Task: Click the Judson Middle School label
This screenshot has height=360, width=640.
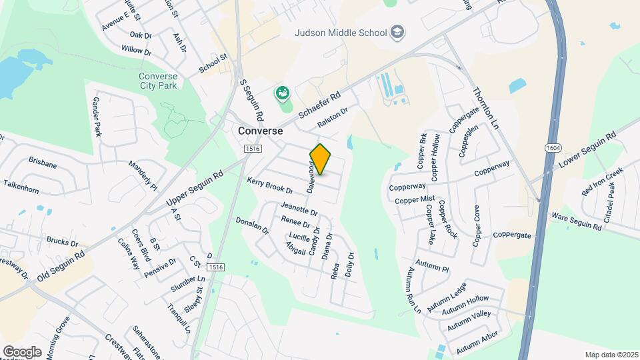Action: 341,32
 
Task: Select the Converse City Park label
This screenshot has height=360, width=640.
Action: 158,81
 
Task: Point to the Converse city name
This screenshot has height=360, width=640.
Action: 261,131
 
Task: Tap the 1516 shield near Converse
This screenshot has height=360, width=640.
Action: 251,148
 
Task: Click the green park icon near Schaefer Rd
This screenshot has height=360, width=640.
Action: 283,93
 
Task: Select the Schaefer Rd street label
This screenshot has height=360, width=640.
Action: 319,105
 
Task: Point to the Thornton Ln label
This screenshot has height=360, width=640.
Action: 485,107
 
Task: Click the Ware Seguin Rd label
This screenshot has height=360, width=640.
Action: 576,221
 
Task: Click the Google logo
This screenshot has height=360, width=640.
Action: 22,351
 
